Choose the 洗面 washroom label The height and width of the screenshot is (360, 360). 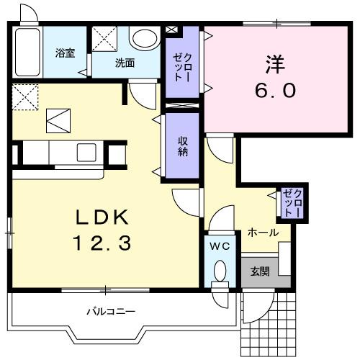125,62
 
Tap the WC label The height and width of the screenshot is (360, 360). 219,246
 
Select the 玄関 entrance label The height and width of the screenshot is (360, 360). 259,272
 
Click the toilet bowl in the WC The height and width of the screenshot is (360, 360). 220,272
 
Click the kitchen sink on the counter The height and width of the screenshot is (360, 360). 87,153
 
